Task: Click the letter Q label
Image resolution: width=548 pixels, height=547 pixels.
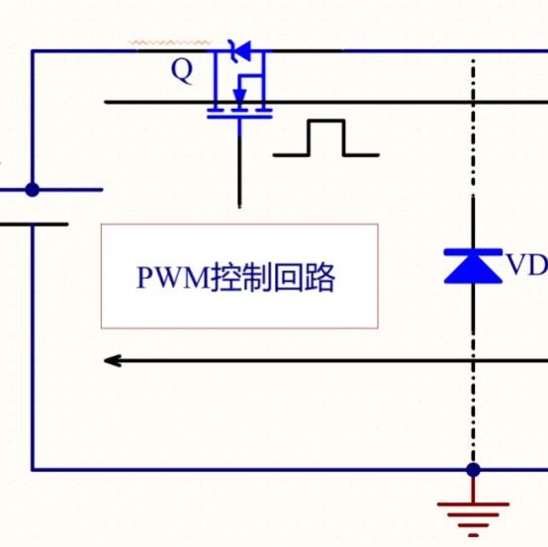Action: click(x=182, y=71)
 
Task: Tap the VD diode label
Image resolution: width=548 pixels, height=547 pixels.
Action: click(x=526, y=264)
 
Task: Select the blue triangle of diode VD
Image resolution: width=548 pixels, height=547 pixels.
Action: click(x=473, y=269)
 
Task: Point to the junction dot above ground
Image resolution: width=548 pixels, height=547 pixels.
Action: click(x=473, y=470)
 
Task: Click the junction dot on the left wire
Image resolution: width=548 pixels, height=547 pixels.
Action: click(x=33, y=190)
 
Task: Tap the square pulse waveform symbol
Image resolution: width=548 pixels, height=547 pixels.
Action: click(x=326, y=137)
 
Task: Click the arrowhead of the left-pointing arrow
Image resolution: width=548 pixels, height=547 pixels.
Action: click(x=113, y=361)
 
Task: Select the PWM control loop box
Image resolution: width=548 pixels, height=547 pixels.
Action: click(x=239, y=276)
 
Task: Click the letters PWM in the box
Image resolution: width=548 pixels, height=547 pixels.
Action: click(x=172, y=278)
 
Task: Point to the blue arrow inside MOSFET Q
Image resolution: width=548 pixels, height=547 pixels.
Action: click(x=239, y=95)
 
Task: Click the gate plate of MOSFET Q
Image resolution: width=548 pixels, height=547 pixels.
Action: click(x=239, y=117)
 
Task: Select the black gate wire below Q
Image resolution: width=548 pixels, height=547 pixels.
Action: click(x=239, y=171)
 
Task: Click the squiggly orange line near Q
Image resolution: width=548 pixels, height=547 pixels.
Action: click(x=170, y=43)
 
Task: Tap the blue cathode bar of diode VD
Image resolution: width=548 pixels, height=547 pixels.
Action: click(x=473, y=252)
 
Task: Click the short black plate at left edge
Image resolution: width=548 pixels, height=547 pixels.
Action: click(x=34, y=225)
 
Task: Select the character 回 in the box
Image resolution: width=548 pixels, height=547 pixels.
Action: click(x=288, y=278)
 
